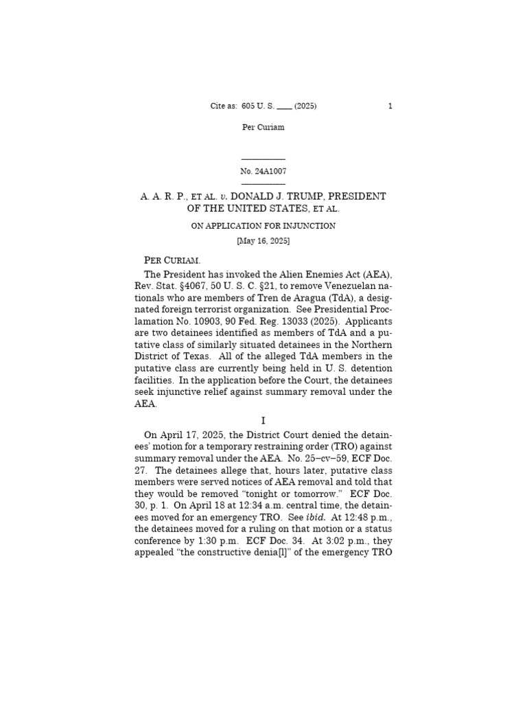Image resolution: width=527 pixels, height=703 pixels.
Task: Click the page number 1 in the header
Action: tap(390, 106)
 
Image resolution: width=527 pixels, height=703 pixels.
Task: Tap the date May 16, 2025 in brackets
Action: tap(263, 241)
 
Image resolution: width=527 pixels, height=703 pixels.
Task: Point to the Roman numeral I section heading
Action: tap(263, 420)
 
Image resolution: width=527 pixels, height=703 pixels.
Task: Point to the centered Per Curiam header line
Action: tap(263, 127)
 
